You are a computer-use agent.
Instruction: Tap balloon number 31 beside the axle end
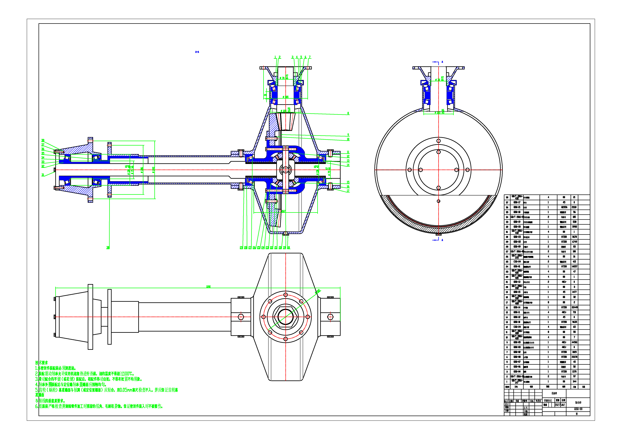click(x=43, y=175)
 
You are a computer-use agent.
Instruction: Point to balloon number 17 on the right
click(x=348, y=191)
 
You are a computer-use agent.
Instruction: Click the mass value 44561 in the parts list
click(x=574, y=342)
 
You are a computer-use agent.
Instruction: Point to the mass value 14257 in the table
click(x=574, y=266)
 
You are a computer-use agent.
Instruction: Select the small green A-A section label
click(x=197, y=52)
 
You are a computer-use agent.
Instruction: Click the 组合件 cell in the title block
click(x=554, y=393)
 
